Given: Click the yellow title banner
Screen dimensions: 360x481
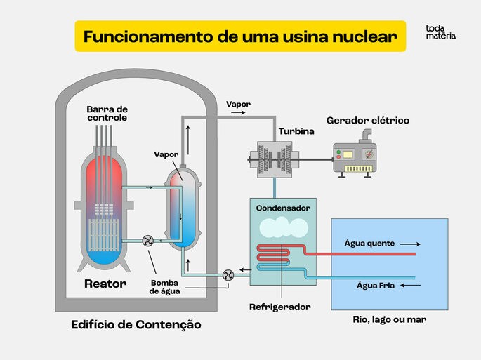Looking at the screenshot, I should (x=240, y=36).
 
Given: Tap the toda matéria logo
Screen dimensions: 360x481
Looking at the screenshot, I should (x=440, y=32).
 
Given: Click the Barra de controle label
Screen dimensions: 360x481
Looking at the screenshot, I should (x=107, y=113).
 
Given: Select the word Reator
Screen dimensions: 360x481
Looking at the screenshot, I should (x=105, y=284).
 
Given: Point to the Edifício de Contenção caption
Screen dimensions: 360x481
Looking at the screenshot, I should (x=136, y=325).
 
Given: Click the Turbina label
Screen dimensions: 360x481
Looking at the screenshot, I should (x=296, y=131).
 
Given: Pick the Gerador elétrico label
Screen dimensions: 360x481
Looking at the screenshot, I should (x=367, y=120).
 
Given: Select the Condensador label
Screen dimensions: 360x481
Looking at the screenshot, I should (x=283, y=208).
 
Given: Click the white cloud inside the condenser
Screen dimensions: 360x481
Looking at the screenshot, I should (x=282, y=227).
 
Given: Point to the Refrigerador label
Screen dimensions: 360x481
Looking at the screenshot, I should (x=279, y=307).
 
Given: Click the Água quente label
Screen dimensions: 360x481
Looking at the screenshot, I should (x=369, y=244).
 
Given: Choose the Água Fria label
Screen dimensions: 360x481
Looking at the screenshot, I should (x=374, y=286).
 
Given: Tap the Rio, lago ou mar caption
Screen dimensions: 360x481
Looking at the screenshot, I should (x=390, y=319).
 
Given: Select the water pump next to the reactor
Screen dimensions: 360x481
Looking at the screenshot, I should (x=147, y=241).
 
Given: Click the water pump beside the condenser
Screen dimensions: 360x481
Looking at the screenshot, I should (x=228, y=275).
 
